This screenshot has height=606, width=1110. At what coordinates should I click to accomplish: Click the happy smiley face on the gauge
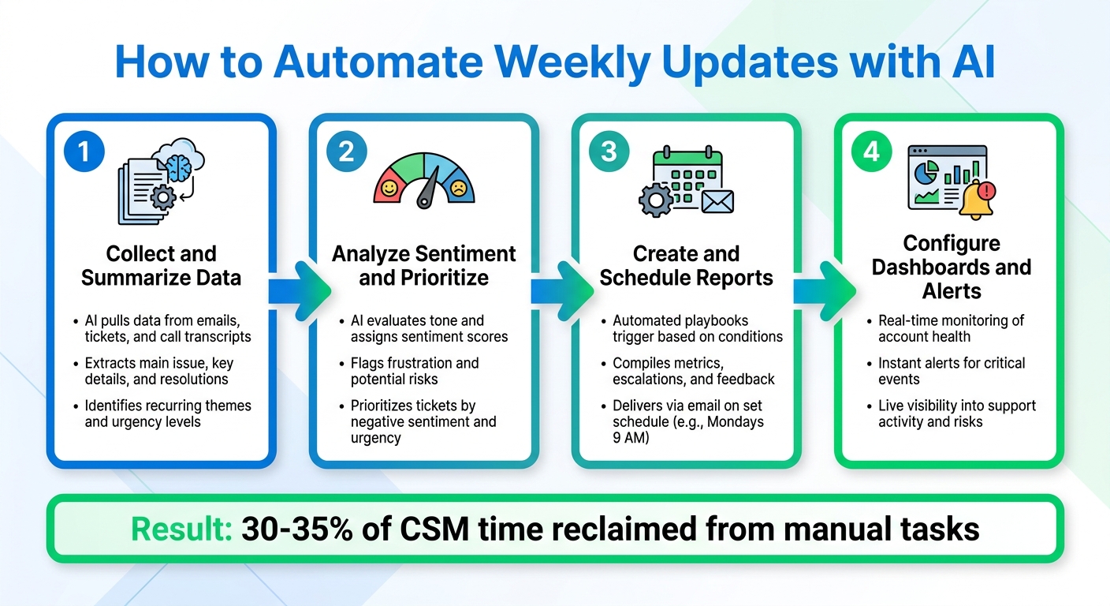388,189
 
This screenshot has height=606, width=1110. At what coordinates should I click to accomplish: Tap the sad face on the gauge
459,189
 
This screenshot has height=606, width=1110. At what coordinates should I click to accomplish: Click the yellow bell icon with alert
976,198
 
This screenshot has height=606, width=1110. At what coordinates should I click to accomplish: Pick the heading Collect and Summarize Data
162,266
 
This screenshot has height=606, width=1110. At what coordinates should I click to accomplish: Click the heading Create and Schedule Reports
686,266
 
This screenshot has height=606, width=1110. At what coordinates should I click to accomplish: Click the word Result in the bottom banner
181,528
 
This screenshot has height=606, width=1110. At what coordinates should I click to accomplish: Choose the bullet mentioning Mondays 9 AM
687,421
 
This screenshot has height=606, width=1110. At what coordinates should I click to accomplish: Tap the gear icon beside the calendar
656,200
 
